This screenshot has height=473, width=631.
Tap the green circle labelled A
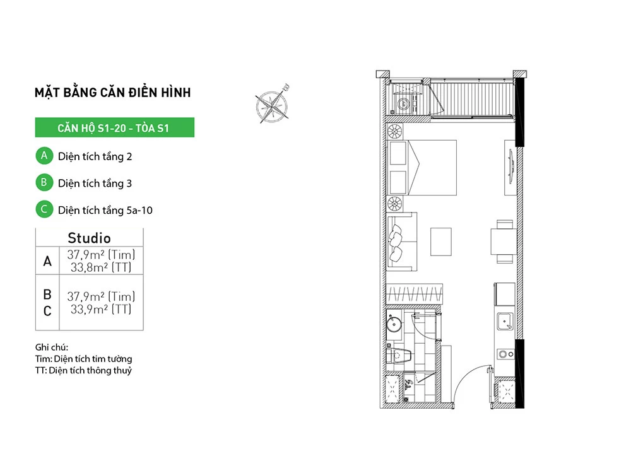pos(44,156)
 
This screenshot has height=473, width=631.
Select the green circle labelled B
pos(44,183)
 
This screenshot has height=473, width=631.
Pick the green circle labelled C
pos(44,209)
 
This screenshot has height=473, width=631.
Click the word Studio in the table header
pos(89,238)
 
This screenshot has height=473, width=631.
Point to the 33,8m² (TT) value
pos(101,267)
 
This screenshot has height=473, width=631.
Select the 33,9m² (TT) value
pos(101,309)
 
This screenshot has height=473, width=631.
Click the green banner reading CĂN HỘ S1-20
pos(114,127)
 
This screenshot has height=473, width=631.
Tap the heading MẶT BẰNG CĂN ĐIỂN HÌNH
pos(113,93)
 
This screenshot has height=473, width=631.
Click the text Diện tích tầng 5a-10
pos(105,211)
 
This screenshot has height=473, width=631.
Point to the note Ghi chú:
pos(52,347)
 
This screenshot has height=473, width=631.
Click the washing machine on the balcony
pos(404,104)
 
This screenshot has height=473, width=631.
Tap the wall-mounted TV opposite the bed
pos(511,166)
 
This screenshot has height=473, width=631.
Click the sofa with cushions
pos(402,242)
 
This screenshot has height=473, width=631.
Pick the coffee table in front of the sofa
pos(440,242)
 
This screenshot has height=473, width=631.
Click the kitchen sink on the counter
pos(505,322)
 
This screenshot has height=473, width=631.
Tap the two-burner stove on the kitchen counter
pos(506,354)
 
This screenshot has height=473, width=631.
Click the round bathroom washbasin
pos(394,324)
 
